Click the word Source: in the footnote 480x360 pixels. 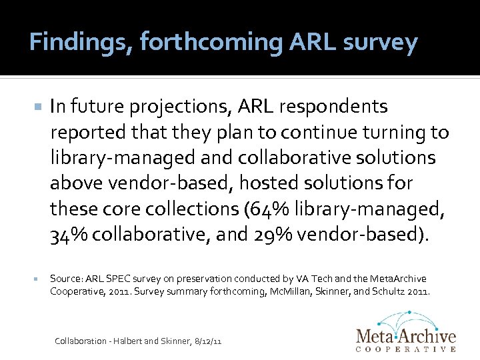click(65, 278)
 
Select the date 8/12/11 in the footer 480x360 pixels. click(207, 341)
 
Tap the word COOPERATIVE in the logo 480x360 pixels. click(406, 348)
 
